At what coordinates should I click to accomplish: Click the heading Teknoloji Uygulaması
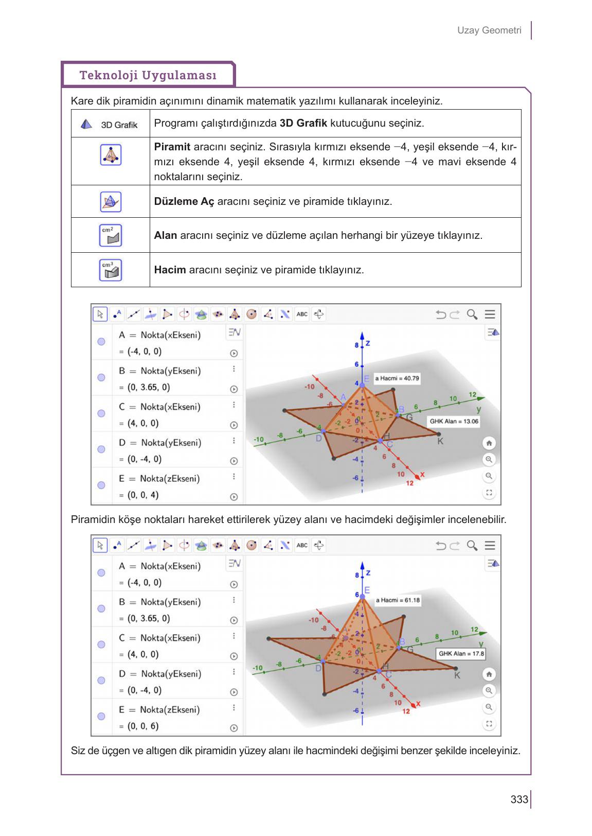pyautogui.click(x=148, y=75)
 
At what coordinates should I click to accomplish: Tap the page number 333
pyautogui.click(x=519, y=799)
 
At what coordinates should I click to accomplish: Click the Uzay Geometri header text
pyautogui.click(x=489, y=30)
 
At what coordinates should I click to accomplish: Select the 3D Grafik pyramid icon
pyautogui.click(x=87, y=124)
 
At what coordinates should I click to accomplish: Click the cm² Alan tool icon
pyautogui.click(x=110, y=235)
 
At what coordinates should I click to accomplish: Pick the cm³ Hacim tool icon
pyautogui.click(x=110, y=270)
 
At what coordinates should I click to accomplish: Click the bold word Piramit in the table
pyautogui.click(x=172, y=147)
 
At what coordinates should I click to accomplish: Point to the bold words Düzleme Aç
pyautogui.click(x=184, y=201)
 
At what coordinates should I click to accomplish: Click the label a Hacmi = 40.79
pyautogui.click(x=397, y=378)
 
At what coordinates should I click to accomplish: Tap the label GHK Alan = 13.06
pyautogui.click(x=454, y=421)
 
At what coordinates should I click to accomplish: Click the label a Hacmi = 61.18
pyautogui.click(x=398, y=600)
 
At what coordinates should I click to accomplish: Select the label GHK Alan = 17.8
pyautogui.click(x=461, y=653)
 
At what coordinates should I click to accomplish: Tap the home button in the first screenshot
pyautogui.click(x=489, y=443)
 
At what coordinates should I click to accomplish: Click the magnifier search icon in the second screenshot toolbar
pyautogui.click(x=472, y=545)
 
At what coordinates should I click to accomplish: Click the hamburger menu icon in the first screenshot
pyautogui.click(x=490, y=314)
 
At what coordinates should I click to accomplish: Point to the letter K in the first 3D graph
pyautogui.click(x=440, y=441)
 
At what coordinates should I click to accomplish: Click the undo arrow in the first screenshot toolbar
pyautogui.click(x=441, y=314)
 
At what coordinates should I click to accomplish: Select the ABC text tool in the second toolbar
pyautogui.click(x=302, y=545)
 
